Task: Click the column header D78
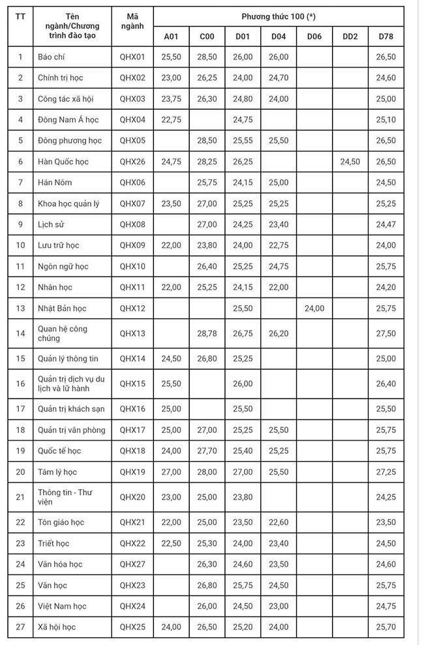(x=386, y=37)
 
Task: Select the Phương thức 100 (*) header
(x=279, y=16)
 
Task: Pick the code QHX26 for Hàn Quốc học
(x=132, y=162)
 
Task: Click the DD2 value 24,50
(x=350, y=162)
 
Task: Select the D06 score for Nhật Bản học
(x=314, y=308)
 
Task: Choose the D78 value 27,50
(x=386, y=334)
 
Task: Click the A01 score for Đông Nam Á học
(x=171, y=120)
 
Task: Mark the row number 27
(x=20, y=627)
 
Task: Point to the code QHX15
(x=132, y=384)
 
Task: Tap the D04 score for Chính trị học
(x=279, y=78)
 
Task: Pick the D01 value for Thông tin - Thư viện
(x=243, y=498)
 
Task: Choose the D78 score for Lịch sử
(x=386, y=225)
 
